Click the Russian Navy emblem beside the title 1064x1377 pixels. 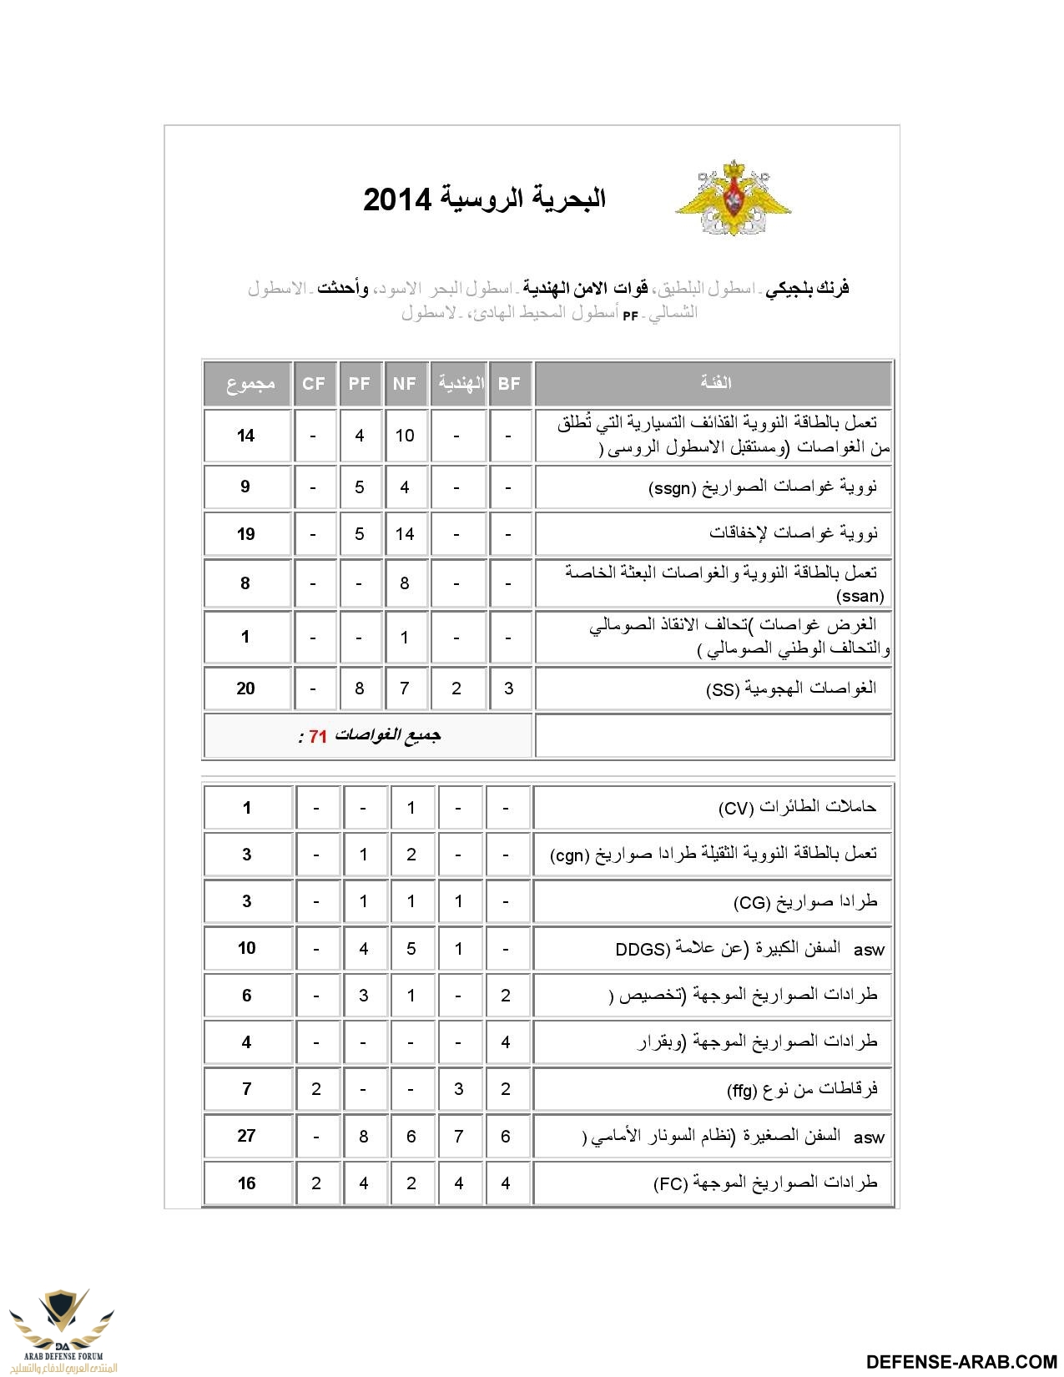pyautogui.click(x=733, y=198)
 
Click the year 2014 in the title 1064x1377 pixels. pyautogui.click(x=397, y=200)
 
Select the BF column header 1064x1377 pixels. pyautogui.click(x=509, y=383)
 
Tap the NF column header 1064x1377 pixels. pyautogui.click(x=405, y=383)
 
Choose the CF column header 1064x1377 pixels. pyautogui.click(x=314, y=383)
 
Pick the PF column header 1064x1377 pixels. pyautogui.click(x=360, y=383)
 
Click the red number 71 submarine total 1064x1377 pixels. pyautogui.click(x=318, y=736)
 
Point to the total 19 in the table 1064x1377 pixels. pyautogui.click(x=245, y=534)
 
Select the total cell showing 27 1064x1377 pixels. pyautogui.click(x=246, y=1136)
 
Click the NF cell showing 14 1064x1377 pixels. pyautogui.click(x=405, y=534)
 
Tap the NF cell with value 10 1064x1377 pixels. pyautogui.click(x=405, y=436)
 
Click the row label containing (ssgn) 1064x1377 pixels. pyautogui.click(x=763, y=487)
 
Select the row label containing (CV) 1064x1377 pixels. pyautogui.click(x=797, y=807)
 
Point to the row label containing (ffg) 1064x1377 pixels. pyautogui.click(x=802, y=1089)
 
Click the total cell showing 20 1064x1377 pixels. pyautogui.click(x=245, y=688)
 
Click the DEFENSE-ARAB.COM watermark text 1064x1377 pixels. pyautogui.click(x=961, y=1361)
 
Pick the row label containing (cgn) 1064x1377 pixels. pyautogui.click(x=714, y=855)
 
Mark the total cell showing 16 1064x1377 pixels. pyautogui.click(x=246, y=1183)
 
